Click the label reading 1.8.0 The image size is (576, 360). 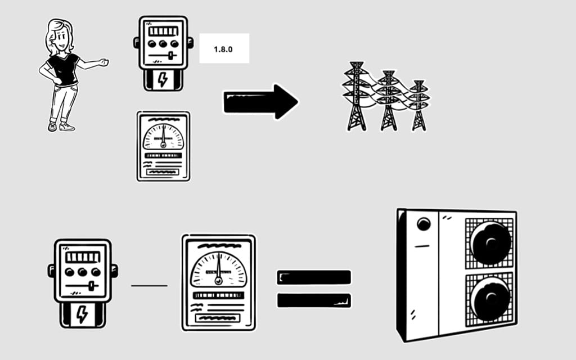pos(224,49)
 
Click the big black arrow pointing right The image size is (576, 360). pos(260,101)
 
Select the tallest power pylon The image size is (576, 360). pos(356,96)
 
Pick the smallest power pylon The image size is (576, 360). pos(418,105)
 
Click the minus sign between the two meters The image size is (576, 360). pos(149,286)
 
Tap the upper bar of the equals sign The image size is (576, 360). pos(314,277)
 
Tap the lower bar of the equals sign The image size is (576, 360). pos(314,300)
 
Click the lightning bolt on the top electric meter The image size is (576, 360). pos(163,80)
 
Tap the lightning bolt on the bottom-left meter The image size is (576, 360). pos(82,315)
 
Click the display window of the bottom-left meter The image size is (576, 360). pos(83,257)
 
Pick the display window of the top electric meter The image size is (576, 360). pos(163,30)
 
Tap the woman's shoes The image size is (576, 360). pos(60,127)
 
